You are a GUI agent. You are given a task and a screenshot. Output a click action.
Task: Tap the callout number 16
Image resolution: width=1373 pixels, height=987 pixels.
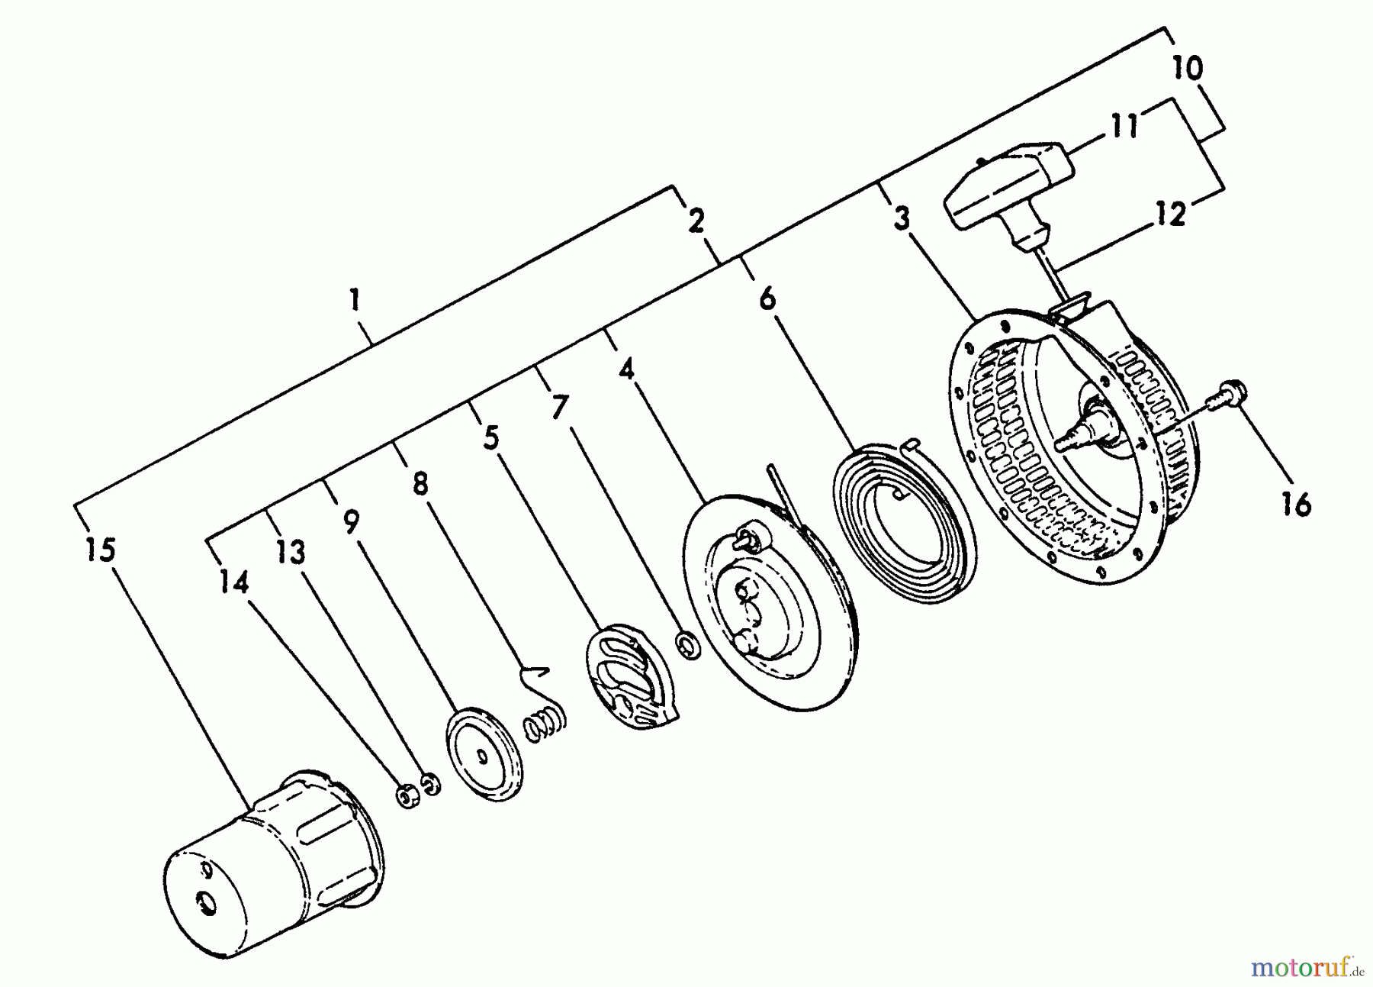1295,504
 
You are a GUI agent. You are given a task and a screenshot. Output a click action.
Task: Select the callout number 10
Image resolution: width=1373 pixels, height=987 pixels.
1188,67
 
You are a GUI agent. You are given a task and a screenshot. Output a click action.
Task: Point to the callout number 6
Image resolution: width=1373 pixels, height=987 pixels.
767,298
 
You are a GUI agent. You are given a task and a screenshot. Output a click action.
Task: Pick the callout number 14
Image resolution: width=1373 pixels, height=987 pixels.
234,583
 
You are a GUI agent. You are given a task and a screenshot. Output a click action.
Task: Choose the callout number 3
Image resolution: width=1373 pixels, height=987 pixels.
902,219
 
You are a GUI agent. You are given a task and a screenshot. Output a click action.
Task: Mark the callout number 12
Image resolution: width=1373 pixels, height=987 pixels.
1171,214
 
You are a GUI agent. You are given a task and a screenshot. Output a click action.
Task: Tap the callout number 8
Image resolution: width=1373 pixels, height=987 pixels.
420,484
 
